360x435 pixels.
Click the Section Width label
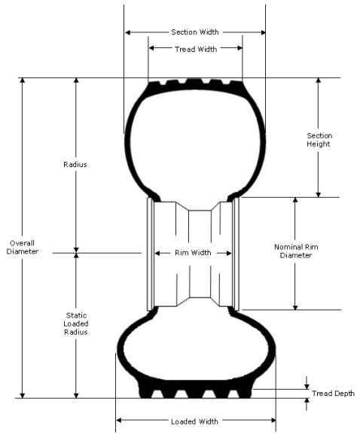tap(195, 32)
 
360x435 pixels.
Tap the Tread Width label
tap(196, 50)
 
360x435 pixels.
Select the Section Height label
tap(319, 140)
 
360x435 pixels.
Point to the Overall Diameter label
tap(22, 247)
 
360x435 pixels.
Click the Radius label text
tap(75, 165)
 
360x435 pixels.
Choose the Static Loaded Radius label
tap(76, 324)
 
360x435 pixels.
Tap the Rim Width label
tap(193, 253)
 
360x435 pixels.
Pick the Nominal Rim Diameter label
tap(296, 251)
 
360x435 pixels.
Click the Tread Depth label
tap(333, 394)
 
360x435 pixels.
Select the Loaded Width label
tap(194, 421)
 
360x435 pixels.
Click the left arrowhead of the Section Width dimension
tap(128, 32)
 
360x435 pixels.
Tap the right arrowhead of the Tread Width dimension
tap(239, 48)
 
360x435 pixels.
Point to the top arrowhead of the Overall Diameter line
tap(22, 81)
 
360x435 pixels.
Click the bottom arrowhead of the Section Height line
tap(319, 194)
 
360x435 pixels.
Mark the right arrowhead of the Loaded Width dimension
tap(273, 420)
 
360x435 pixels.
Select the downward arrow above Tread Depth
tap(307, 383)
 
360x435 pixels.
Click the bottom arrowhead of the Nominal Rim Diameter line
tap(295, 307)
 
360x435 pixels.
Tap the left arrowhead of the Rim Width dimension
tap(157, 253)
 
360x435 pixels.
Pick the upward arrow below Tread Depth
tap(307, 404)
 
